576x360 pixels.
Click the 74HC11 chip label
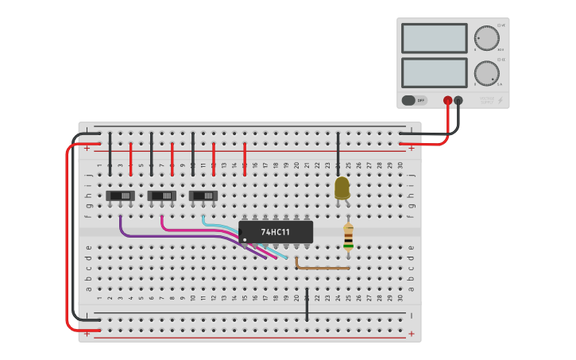pyautogui.click(x=276, y=232)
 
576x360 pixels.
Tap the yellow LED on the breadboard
pyautogui.click(x=342, y=188)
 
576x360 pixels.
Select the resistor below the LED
pyautogui.click(x=348, y=237)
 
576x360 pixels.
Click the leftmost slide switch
pyautogui.click(x=121, y=195)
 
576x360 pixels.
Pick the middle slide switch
pyautogui.click(x=162, y=195)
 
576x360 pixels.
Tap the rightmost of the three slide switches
pyautogui.click(x=203, y=195)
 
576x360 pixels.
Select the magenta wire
pyautogui.click(x=199, y=230)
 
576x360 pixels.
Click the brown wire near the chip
pyautogui.click(x=322, y=268)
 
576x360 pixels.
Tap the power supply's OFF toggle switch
pyautogui.click(x=413, y=100)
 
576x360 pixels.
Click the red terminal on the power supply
pyautogui.click(x=448, y=101)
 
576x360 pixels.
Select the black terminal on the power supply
pyautogui.click(x=458, y=101)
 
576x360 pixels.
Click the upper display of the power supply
pyautogui.click(x=435, y=38)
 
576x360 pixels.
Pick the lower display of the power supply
pyautogui.click(x=435, y=72)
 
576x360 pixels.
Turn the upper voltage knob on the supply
pyautogui.click(x=486, y=38)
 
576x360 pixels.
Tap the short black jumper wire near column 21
pyautogui.click(x=307, y=306)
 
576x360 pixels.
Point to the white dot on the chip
pyautogui.click(x=245, y=239)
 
